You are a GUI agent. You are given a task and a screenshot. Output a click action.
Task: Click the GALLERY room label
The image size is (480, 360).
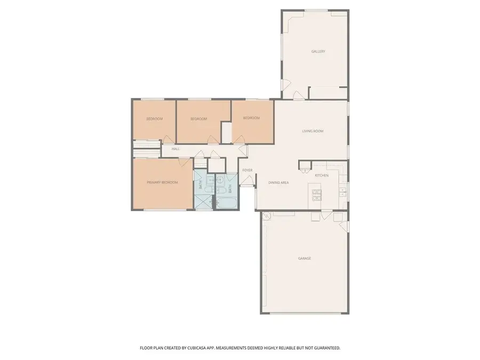pyautogui.click(x=318, y=52)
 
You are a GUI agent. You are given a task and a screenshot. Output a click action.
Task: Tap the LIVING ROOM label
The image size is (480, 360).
pyautogui.click(x=313, y=131)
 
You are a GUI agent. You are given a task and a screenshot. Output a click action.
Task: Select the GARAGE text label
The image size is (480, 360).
pyautogui.click(x=304, y=258)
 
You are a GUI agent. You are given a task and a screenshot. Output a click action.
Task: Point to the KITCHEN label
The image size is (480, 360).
pyautogui.click(x=322, y=175)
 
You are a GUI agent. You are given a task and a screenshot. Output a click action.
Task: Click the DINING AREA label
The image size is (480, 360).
pyautogui.click(x=278, y=183)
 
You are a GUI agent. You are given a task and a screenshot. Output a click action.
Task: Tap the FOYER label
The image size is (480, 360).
pyautogui.click(x=247, y=170)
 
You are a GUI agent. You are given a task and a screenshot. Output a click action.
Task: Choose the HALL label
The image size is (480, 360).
pyautogui.click(x=175, y=149)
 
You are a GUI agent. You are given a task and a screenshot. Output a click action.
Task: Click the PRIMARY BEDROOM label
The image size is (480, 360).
pyautogui.click(x=162, y=182)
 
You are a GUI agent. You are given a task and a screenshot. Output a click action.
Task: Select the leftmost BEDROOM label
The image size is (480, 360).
pyautogui.click(x=154, y=119)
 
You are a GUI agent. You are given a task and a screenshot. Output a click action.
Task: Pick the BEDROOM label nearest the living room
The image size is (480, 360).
pyautogui.click(x=251, y=118)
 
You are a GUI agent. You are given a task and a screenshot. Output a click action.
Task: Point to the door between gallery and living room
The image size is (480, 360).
pyautogui.click(x=299, y=95)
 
